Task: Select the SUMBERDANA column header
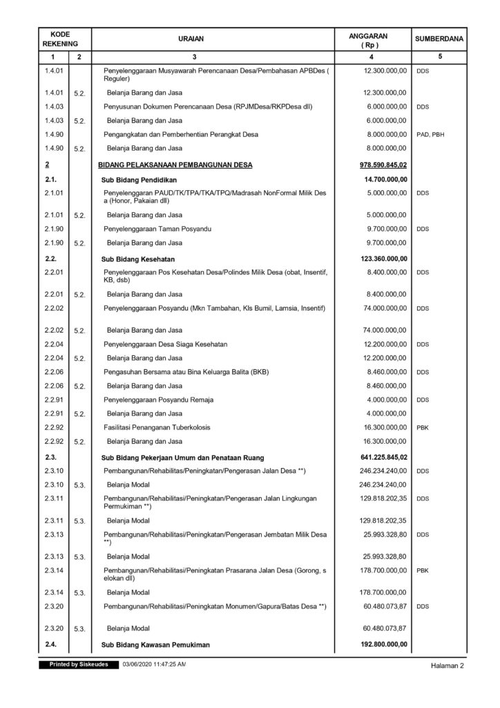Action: point(438,40)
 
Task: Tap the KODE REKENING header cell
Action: point(60,40)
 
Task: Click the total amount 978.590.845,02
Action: point(381,165)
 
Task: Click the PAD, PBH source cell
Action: point(431,134)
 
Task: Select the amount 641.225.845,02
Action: point(381,457)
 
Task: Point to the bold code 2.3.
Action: point(50,457)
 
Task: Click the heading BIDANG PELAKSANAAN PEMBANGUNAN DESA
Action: point(176,165)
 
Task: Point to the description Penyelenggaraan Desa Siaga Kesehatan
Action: point(165,344)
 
